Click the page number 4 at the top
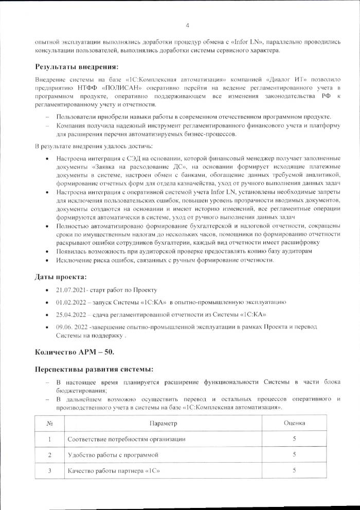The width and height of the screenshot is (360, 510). coord(187,25)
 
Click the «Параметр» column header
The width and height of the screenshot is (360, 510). coord(163,423)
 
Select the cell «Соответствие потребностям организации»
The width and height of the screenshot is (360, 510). coord(127,439)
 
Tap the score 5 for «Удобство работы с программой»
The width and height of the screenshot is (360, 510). coord(294,454)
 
